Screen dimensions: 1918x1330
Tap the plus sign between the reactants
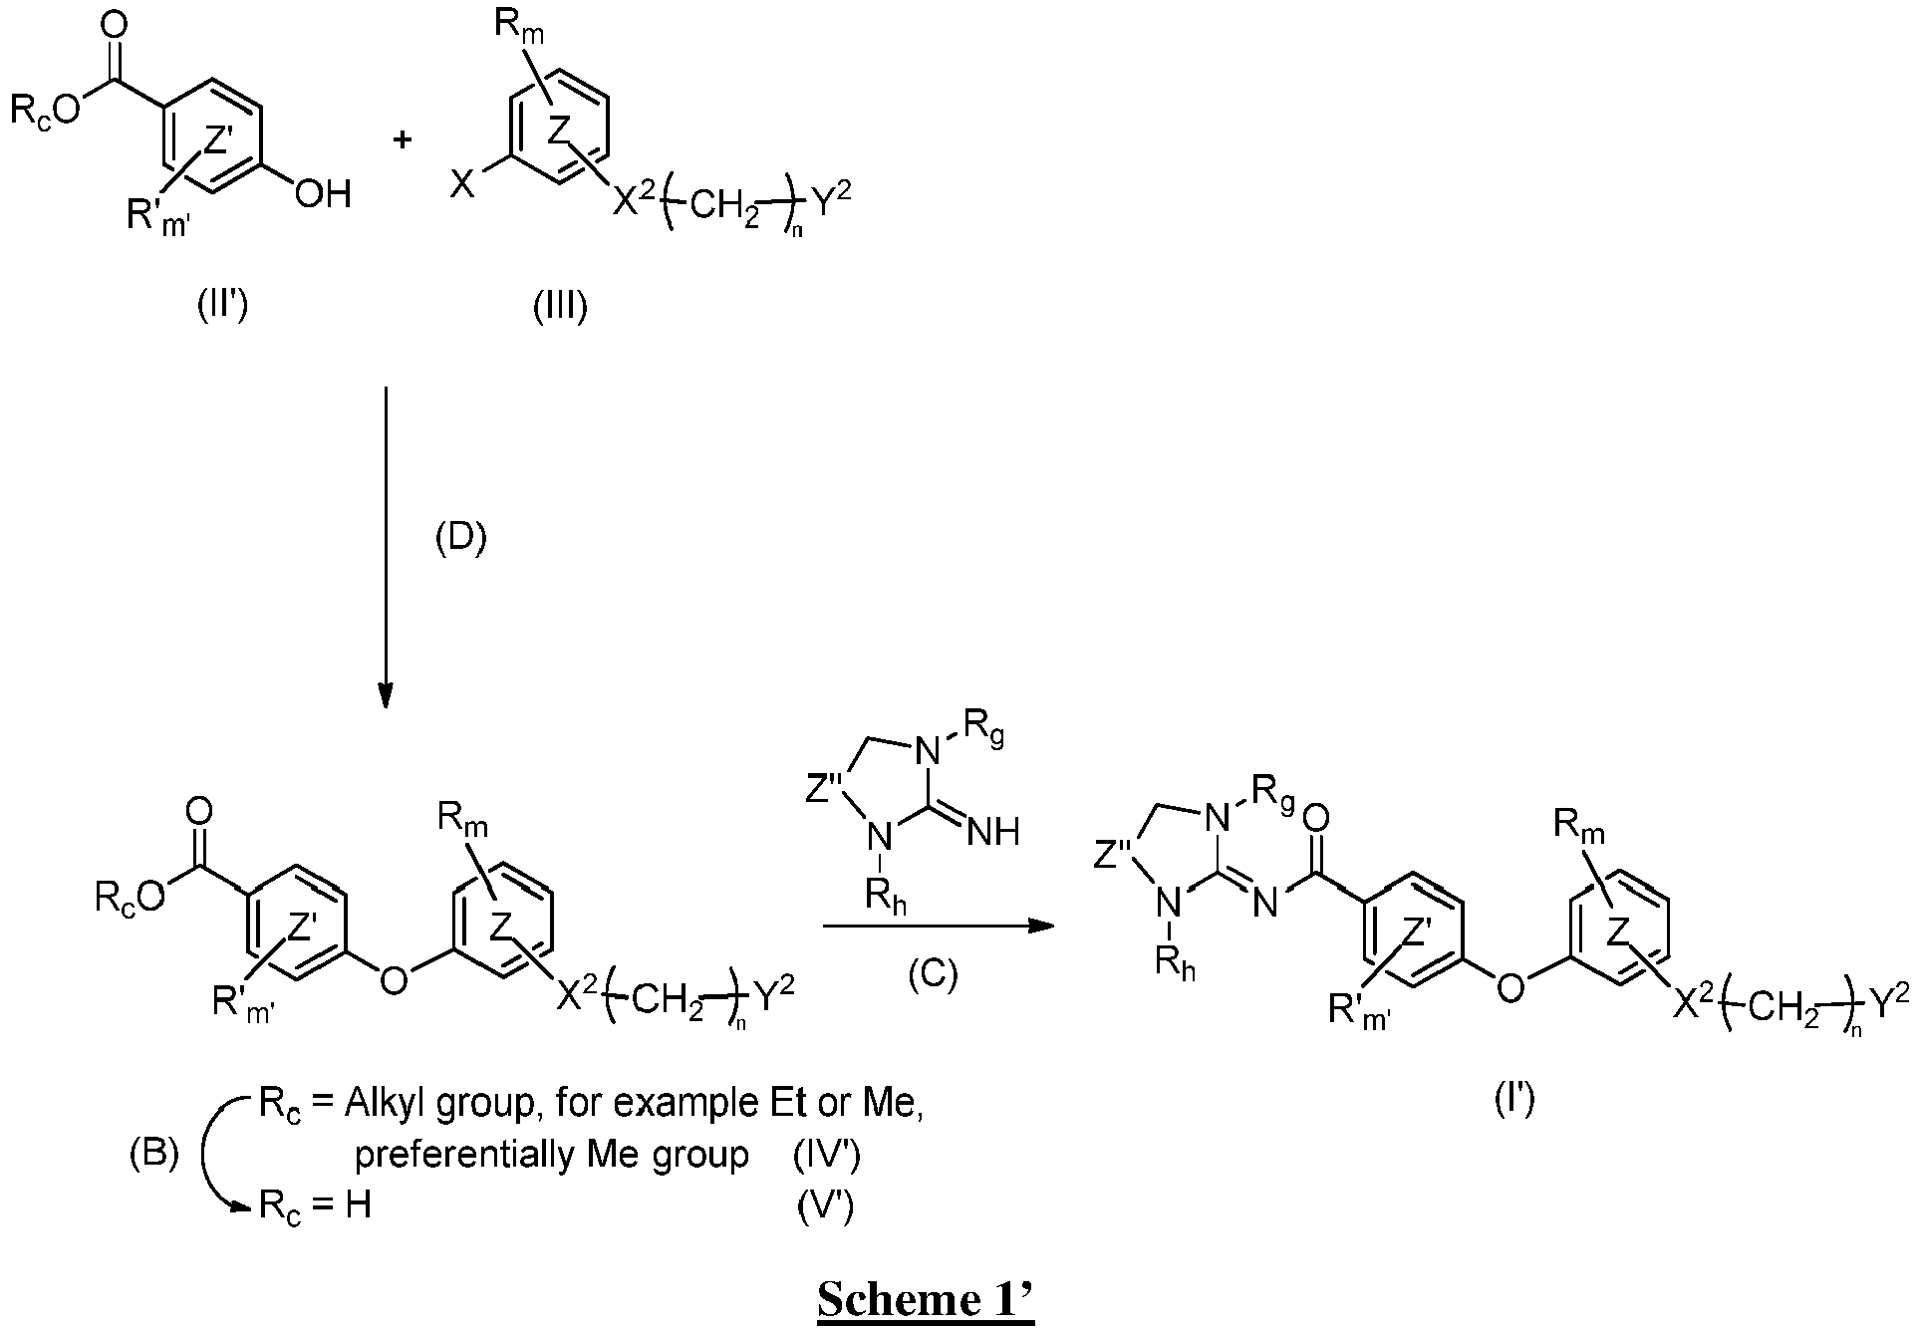pos(403,139)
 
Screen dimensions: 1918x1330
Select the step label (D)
pos(461,539)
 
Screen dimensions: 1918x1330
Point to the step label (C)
pos(933,975)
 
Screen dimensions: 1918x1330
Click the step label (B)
pos(155,1155)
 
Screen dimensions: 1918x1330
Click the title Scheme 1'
pos(926,1300)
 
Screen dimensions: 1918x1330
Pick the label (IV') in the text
pos(827,1155)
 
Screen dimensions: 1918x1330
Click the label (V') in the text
pos(826,1206)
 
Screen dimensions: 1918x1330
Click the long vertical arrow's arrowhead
pos(386,695)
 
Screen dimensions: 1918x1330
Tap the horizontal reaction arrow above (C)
pos(939,927)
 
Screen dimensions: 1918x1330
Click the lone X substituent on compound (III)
pos(462,185)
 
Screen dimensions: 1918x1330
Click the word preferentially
pos(454,1156)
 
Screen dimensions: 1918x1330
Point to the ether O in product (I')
pos(1510,988)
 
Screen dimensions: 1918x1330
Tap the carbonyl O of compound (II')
pos(118,23)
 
